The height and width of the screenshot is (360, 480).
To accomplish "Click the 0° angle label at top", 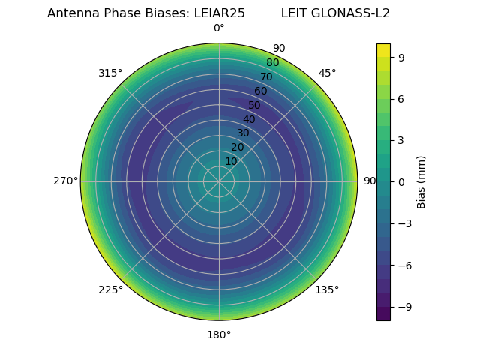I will click(x=219, y=28).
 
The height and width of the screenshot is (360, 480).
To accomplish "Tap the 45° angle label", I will click(x=327, y=73).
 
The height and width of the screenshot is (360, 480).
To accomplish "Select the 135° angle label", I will click(x=327, y=289).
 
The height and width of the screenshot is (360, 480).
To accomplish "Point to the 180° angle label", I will click(x=219, y=334).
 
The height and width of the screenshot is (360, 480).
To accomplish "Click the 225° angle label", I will click(x=110, y=289).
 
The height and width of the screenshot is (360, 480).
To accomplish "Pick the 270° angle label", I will click(x=65, y=181).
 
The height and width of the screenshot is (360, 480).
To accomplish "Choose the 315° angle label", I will click(x=110, y=73).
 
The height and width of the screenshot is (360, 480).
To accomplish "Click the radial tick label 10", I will click(x=231, y=161).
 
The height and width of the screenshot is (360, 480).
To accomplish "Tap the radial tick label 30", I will click(x=243, y=133).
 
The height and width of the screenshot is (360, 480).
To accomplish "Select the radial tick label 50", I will click(x=255, y=106).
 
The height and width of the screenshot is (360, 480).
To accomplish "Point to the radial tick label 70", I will click(x=266, y=77).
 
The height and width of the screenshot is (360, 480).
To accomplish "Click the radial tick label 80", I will click(x=272, y=63).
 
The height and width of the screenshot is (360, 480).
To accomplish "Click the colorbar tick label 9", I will click(x=401, y=57).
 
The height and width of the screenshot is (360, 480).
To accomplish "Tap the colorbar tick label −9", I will click(x=403, y=307).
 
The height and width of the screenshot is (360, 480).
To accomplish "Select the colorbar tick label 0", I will click(x=401, y=182).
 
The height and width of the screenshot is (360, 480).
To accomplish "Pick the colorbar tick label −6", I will click(x=403, y=265).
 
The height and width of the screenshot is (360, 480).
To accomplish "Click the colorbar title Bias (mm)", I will click(x=421, y=182).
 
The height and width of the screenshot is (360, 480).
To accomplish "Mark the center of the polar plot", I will click(x=219, y=181).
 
